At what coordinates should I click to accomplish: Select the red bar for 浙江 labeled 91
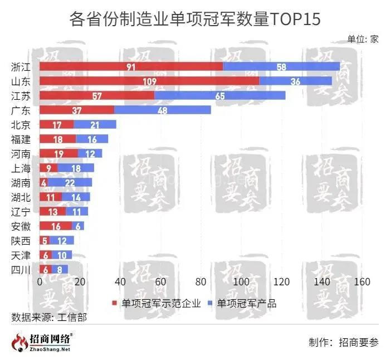[x=131, y=67]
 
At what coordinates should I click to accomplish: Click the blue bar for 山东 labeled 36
[x=295, y=81]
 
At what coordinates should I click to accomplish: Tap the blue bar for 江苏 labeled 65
[x=220, y=96]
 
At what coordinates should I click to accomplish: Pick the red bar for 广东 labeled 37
[x=77, y=110]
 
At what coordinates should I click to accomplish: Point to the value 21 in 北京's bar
[x=95, y=124]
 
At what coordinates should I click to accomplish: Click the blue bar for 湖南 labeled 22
[x=70, y=182]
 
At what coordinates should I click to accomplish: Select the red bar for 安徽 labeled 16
[x=56, y=226]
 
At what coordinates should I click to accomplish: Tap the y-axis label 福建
[x=21, y=139]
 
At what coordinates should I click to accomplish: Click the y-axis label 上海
[x=21, y=168]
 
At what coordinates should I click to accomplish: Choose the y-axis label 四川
[x=21, y=269]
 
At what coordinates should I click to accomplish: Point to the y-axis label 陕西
[x=21, y=240]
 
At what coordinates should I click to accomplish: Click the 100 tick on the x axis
[x=241, y=283]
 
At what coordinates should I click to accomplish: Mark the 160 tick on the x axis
[x=362, y=283]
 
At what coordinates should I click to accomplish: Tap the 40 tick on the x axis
[x=120, y=283]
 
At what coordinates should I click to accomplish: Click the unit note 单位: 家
[x=363, y=39]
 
